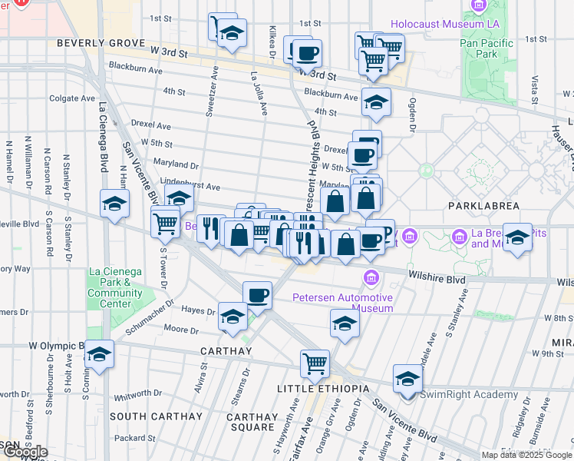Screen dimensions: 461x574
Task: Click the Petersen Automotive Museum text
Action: tap(342, 303)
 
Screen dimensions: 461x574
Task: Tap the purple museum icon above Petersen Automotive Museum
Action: tap(371, 276)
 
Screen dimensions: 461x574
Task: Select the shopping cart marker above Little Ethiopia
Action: tap(315, 364)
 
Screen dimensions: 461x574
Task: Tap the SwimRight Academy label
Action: tap(470, 395)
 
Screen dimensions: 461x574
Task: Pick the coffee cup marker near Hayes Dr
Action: tap(257, 294)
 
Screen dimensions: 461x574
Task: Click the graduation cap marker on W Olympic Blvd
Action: tap(99, 354)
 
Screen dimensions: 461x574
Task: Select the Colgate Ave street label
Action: tap(74, 98)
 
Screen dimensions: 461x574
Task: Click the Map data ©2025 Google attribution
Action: tap(526, 455)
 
